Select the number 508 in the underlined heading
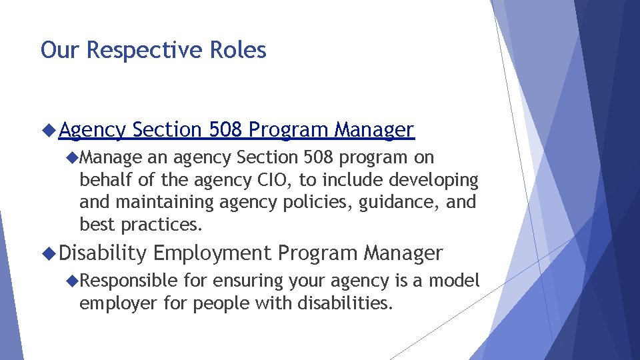[x=227, y=129]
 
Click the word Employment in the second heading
[x=212, y=253]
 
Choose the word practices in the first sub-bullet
[x=161, y=225]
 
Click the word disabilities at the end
[x=346, y=303]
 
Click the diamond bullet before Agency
[x=49, y=129]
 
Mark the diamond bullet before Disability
[x=49, y=253]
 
